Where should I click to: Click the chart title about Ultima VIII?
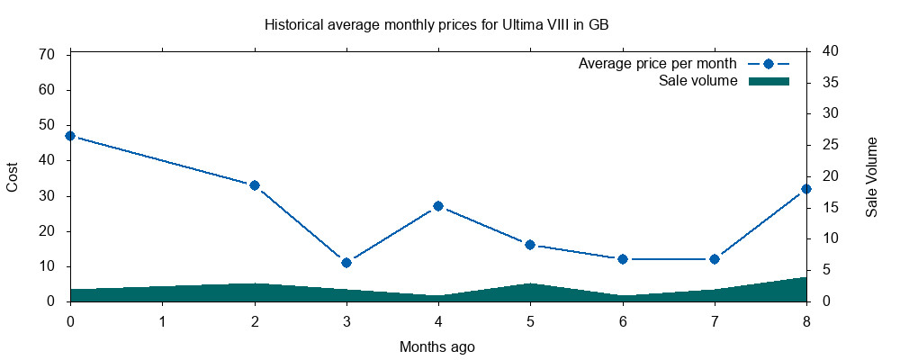pyautogui.click(x=436, y=24)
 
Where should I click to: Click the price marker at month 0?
pyautogui.click(x=70, y=136)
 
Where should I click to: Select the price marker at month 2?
pyautogui.click(x=255, y=185)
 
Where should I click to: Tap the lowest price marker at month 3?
pyautogui.click(x=346, y=263)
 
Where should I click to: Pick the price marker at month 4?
pyautogui.click(x=438, y=206)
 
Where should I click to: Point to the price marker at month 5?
pyautogui.click(x=530, y=245)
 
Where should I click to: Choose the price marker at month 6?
pyautogui.click(x=623, y=259)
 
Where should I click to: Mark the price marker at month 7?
pyautogui.click(x=715, y=259)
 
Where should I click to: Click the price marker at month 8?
pyautogui.click(x=806, y=189)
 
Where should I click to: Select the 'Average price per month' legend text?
pyautogui.click(x=657, y=64)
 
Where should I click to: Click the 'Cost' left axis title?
pyautogui.click(x=13, y=176)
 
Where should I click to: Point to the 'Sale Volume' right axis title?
pyautogui.click(x=872, y=176)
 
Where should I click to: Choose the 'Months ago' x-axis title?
pyautogui.click(x=437, y=346)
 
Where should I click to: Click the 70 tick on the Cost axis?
pyautogui.click(x=49, y=55)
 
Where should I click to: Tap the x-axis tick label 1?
pyautogui.click(x=162, y=320)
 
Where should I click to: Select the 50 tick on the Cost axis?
pyautogui.click(x=49, y=125)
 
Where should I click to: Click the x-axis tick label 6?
pyautogui.click(x=623, y=320)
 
